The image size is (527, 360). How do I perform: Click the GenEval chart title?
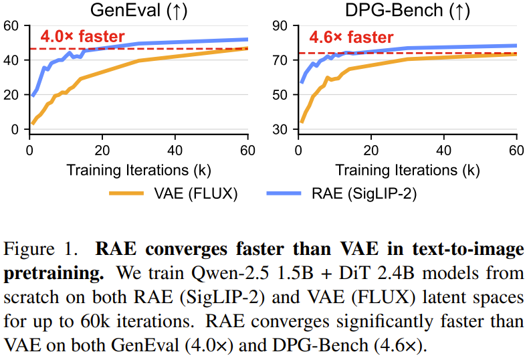click(x=138, y=10)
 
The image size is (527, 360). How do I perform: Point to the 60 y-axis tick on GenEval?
click(x=11, y=26)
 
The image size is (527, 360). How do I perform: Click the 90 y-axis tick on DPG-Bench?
click(x=279, y=26)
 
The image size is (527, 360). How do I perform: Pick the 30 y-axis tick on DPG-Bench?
click(x=279, y=129)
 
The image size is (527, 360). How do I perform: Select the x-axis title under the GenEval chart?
click(x=138, y=169)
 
